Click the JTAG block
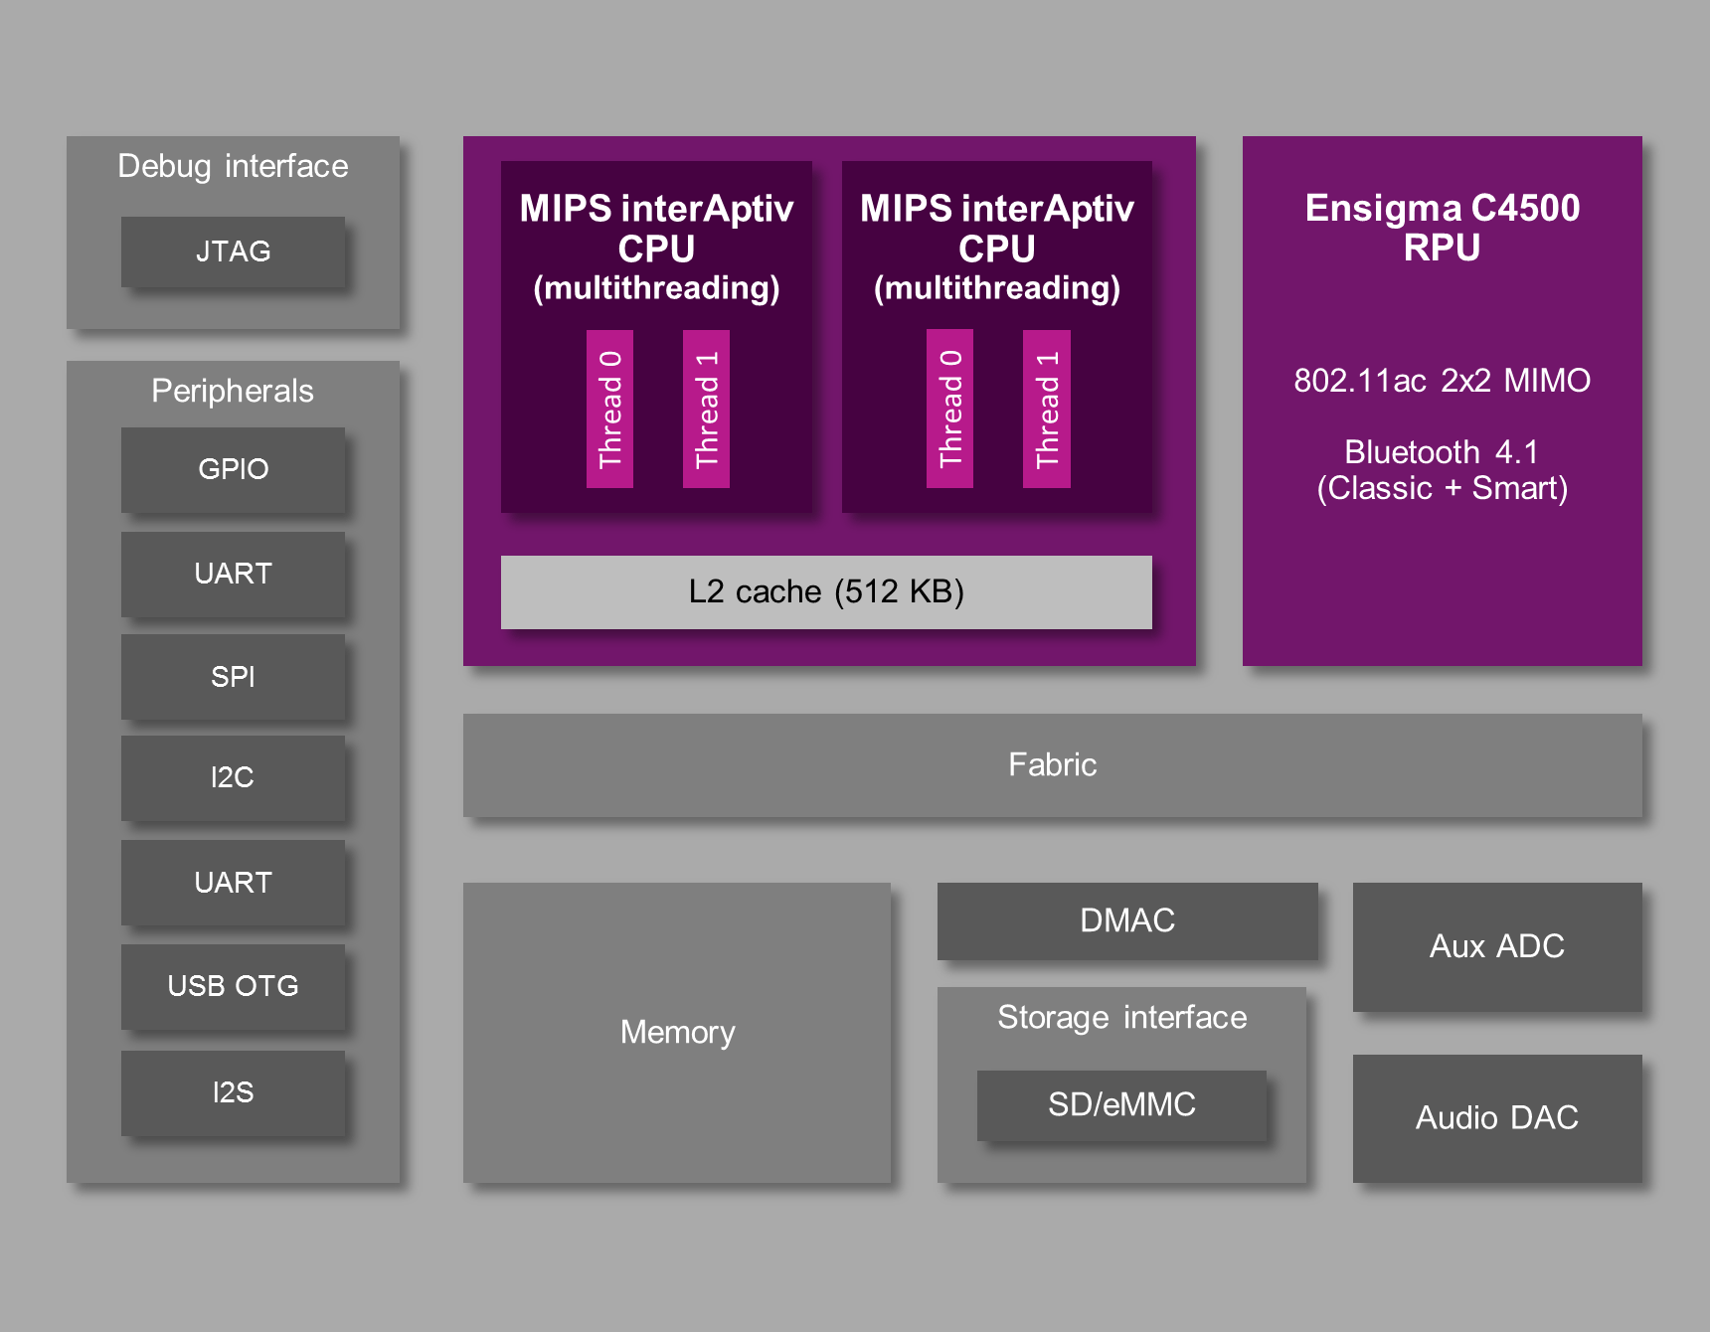pos(233,251)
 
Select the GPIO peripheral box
pos(233,469)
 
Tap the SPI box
pos(233,677)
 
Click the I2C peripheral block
pos(233,777)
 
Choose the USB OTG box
pos(233,986)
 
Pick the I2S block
pos(233,1092)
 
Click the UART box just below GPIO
pos(233,574)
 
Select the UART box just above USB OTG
pos(233,883)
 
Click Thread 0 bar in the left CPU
pos(609,409)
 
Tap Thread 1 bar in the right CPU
pos(1047,409)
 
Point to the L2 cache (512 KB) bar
pos(826,591)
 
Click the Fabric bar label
pos(1052,764)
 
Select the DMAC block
pos(1126,920)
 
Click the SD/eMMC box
pos(1121,1104)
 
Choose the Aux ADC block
pos(1496,946)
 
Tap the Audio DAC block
pos(1496,1118)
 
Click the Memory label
pos(677,1032)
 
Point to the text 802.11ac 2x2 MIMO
pos(1442,381)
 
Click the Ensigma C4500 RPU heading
pos(1442,228)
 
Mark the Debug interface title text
pos(233,166)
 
